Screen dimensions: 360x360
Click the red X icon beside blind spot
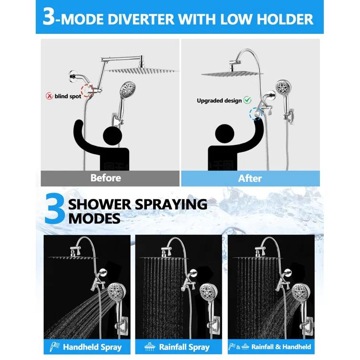pos(49,96)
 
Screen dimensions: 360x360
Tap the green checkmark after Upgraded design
pos(247,100)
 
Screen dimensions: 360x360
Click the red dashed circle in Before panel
pos(87,91)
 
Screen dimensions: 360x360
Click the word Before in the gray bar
pos(106,178)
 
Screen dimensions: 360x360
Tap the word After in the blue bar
pos(250,178)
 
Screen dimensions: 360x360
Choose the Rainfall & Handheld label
pos(281,347)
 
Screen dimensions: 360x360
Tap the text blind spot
pos(68,96)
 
